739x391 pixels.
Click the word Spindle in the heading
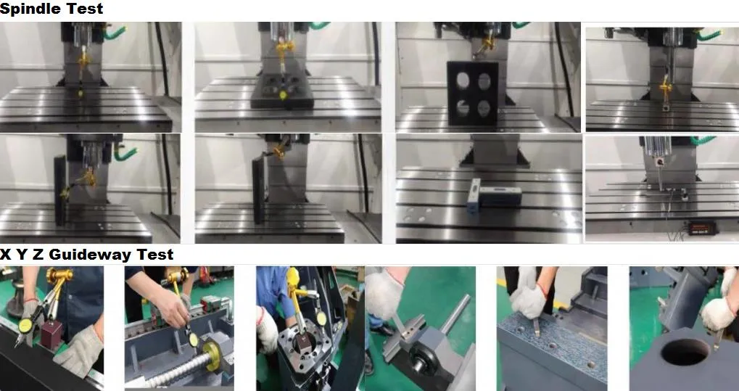pyautogui.click(x=28, y=9)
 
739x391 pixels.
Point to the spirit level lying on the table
pyautogui.click(x=473, y=196)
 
